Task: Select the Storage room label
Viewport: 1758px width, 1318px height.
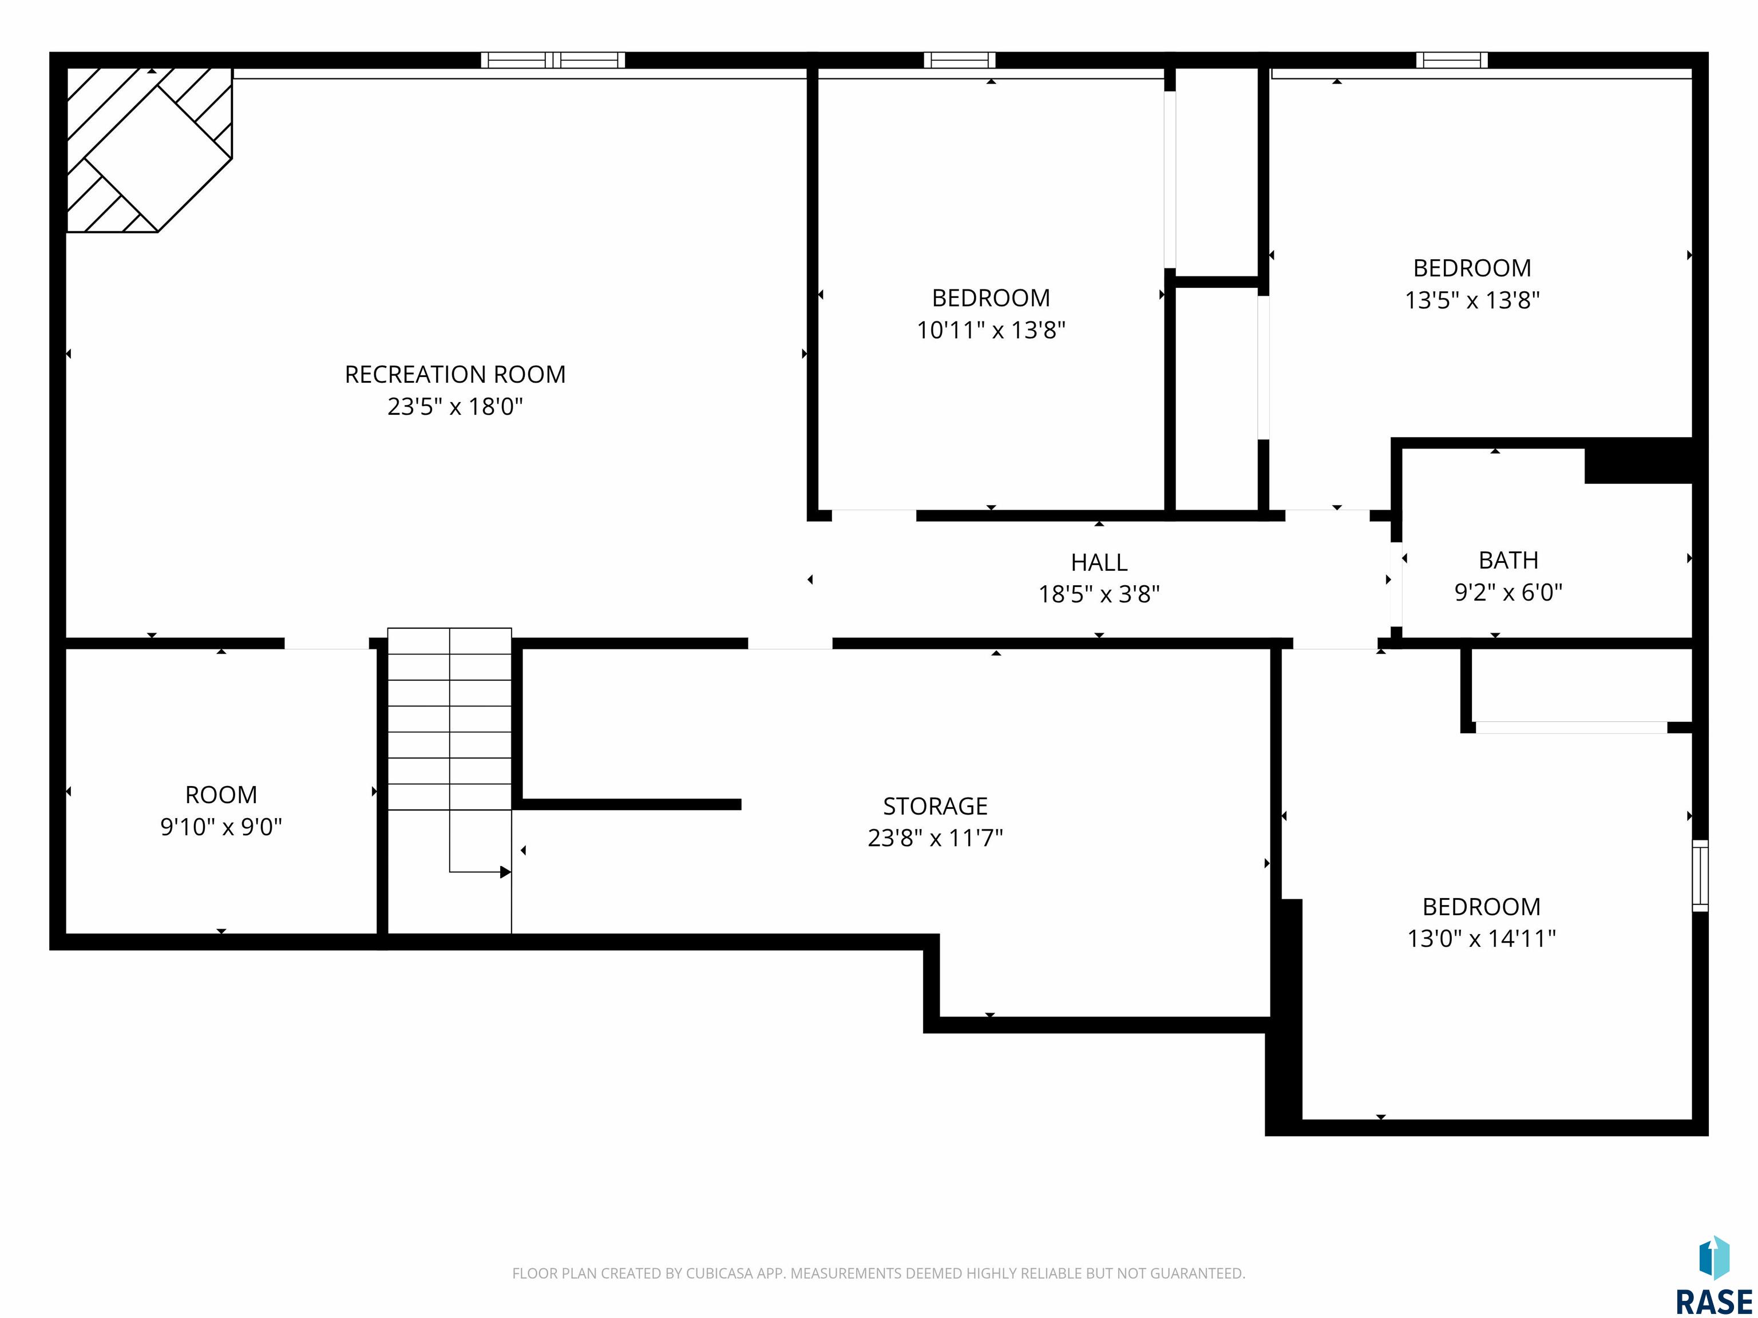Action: (x=936, y=807)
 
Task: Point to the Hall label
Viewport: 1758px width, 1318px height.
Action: (x=1099, y=562)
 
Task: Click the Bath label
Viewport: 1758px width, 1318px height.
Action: (x=1508, y=560)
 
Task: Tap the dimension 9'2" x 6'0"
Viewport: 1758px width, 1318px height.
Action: (x=1508, y=593)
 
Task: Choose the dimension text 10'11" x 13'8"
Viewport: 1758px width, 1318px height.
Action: (x=991, y=331)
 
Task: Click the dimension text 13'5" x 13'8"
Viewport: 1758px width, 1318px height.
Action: (x=1472, y=300)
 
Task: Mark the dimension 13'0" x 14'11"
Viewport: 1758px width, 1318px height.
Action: (x=1482, y=939)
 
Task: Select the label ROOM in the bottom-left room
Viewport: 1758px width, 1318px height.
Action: (x=221, y=795)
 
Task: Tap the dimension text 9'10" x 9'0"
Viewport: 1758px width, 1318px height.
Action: (x=221, y=828)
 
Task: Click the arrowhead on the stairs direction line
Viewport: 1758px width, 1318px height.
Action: (x=505, y=872)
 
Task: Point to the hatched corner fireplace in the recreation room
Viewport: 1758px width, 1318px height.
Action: (x=149, y=150)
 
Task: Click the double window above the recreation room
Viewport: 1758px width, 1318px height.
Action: (x=553, y=59)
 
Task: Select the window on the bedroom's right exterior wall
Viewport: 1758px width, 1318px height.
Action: (x=1700, y=875)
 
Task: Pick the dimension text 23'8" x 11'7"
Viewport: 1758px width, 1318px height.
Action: (x=936, y=838)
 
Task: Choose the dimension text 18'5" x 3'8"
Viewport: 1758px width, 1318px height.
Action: (x=1099, y=594)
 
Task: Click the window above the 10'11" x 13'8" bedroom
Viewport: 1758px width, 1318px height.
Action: (x=959, y=59)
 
